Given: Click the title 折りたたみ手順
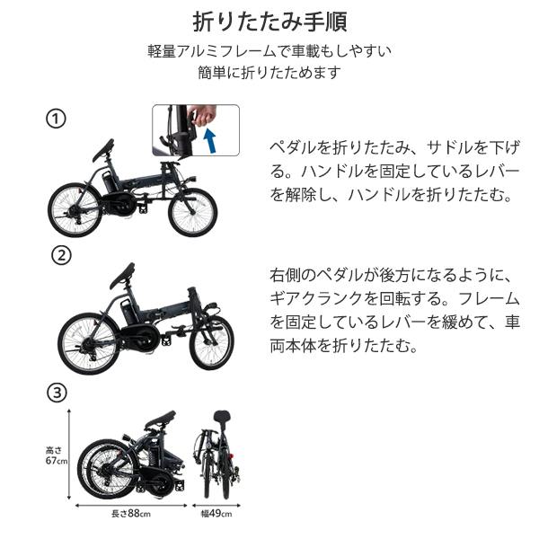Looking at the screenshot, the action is [x=269, y=22].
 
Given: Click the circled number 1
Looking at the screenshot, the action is [x=56, y=119].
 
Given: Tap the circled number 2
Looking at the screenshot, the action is [x=61, y=255].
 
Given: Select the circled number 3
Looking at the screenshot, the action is [x=57, y=393].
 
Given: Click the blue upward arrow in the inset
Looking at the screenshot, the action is [x=209, y=140].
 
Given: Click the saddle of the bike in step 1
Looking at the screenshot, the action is [x=103, y=150].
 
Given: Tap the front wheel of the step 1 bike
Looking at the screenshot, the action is [x=192, y=212].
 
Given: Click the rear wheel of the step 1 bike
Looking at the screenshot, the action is [x=75, y=209].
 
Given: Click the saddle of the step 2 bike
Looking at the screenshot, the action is [x=122, y=276].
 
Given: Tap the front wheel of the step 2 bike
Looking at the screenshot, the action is [x=211, y=343].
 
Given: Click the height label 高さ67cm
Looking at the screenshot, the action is [x=56, y=455].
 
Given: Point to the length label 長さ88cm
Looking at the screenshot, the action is [x=131, y=514].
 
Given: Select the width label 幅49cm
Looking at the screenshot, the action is [x=216, y=514].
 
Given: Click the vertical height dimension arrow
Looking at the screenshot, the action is [x=69, y=454].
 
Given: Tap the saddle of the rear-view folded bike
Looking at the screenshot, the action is [x=222, y=419].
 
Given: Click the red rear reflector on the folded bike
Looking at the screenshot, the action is [x=231, y=456].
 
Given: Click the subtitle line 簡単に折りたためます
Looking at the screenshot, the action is [x=269, y=72].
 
